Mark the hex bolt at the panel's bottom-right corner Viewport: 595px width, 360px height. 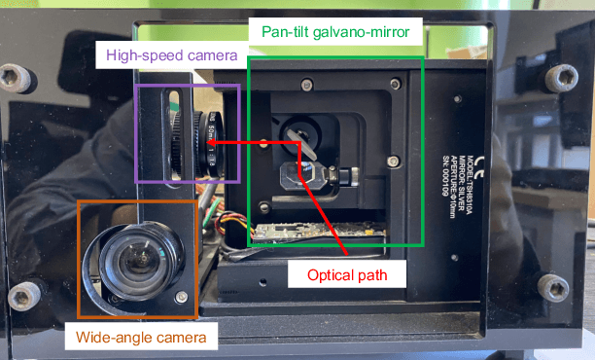tap(554, 287)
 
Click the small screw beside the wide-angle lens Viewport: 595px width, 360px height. tap(180, 294)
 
